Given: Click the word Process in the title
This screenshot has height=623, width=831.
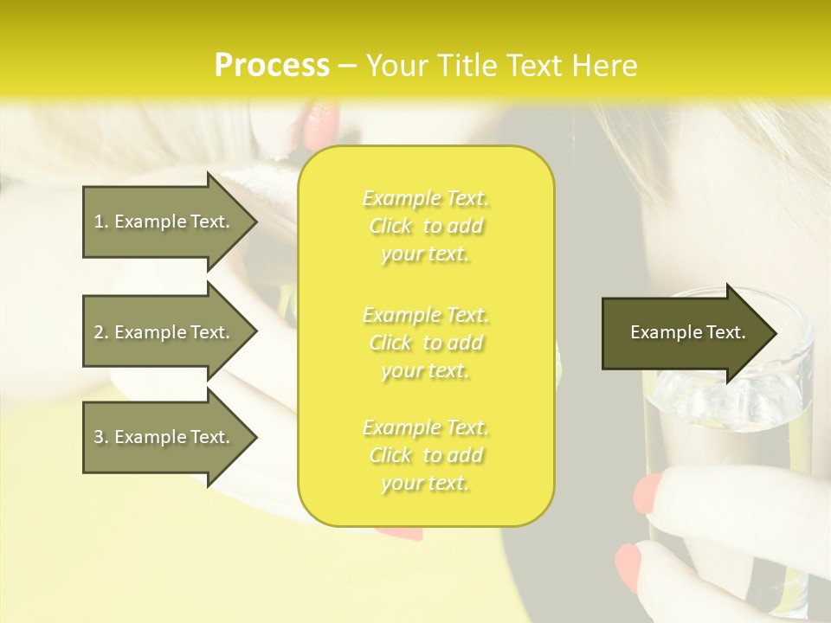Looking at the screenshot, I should coord(272,66).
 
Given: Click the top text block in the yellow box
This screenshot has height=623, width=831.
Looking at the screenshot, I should coord(425,226).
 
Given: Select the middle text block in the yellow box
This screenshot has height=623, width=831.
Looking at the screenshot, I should coord(425,343).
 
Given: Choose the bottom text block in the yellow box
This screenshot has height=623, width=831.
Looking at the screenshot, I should coord(425,455).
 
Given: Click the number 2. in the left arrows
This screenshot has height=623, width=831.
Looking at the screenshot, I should coord(101,332).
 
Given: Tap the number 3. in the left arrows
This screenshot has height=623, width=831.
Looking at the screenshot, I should coord(101,437).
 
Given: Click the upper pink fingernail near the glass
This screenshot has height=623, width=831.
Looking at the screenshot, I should coord(648,492).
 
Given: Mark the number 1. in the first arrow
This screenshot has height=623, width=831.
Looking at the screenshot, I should coord(101,222).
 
